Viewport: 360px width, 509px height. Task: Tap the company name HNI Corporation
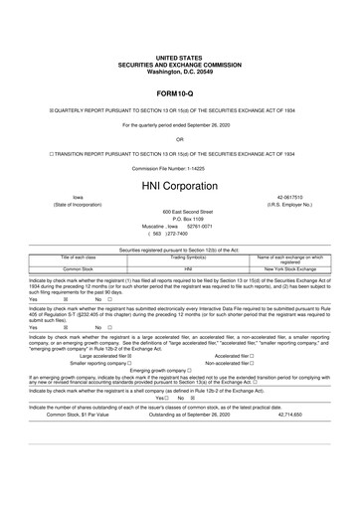tap(180, 187)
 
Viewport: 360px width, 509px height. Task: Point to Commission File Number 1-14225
tap(180, 169)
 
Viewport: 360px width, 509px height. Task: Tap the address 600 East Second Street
tap(180, 211)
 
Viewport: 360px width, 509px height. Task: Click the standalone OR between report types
tap(180, 138)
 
